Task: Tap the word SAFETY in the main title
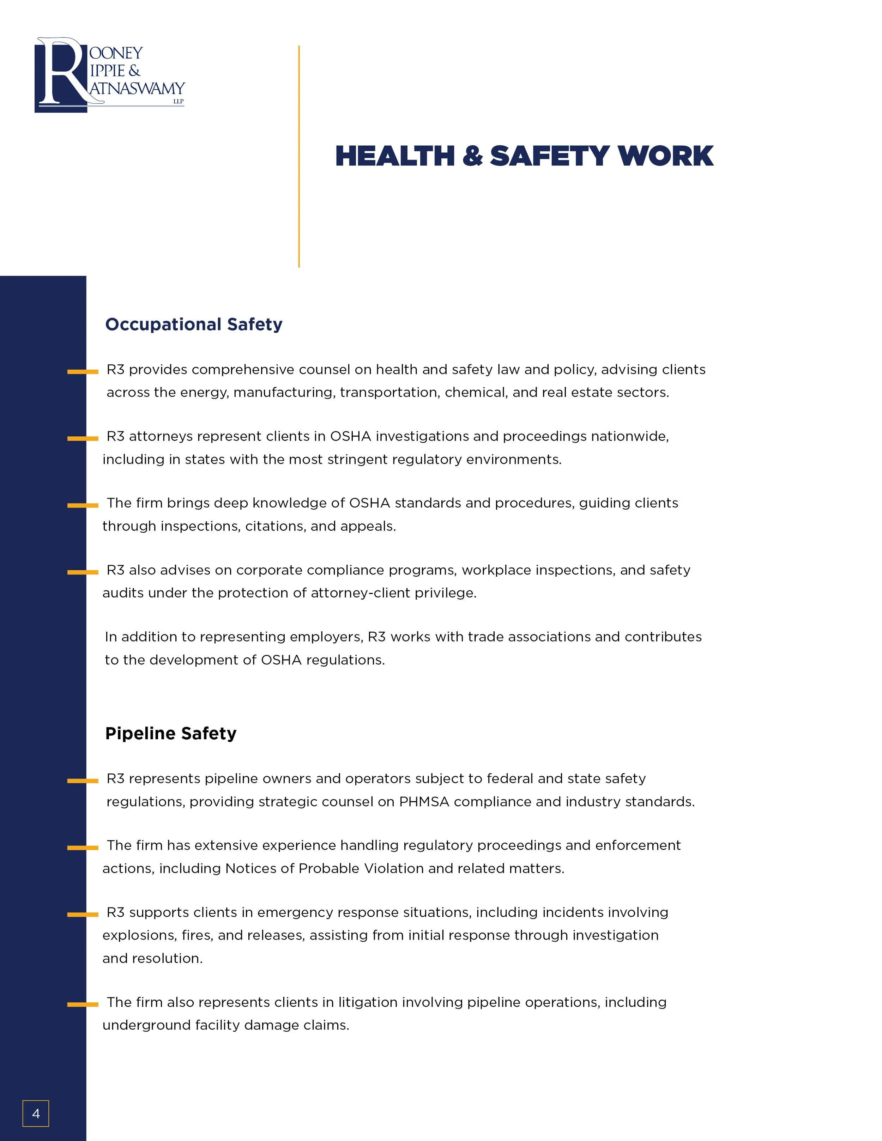tap(549, 156)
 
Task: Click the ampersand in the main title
tap(472, 156)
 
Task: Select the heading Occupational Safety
tap(193, 324)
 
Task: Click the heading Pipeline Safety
tap(170, 733)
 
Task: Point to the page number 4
tap(36, 1113)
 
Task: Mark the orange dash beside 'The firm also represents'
tap(83, 1005)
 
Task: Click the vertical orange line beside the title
tap(299, 157)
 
